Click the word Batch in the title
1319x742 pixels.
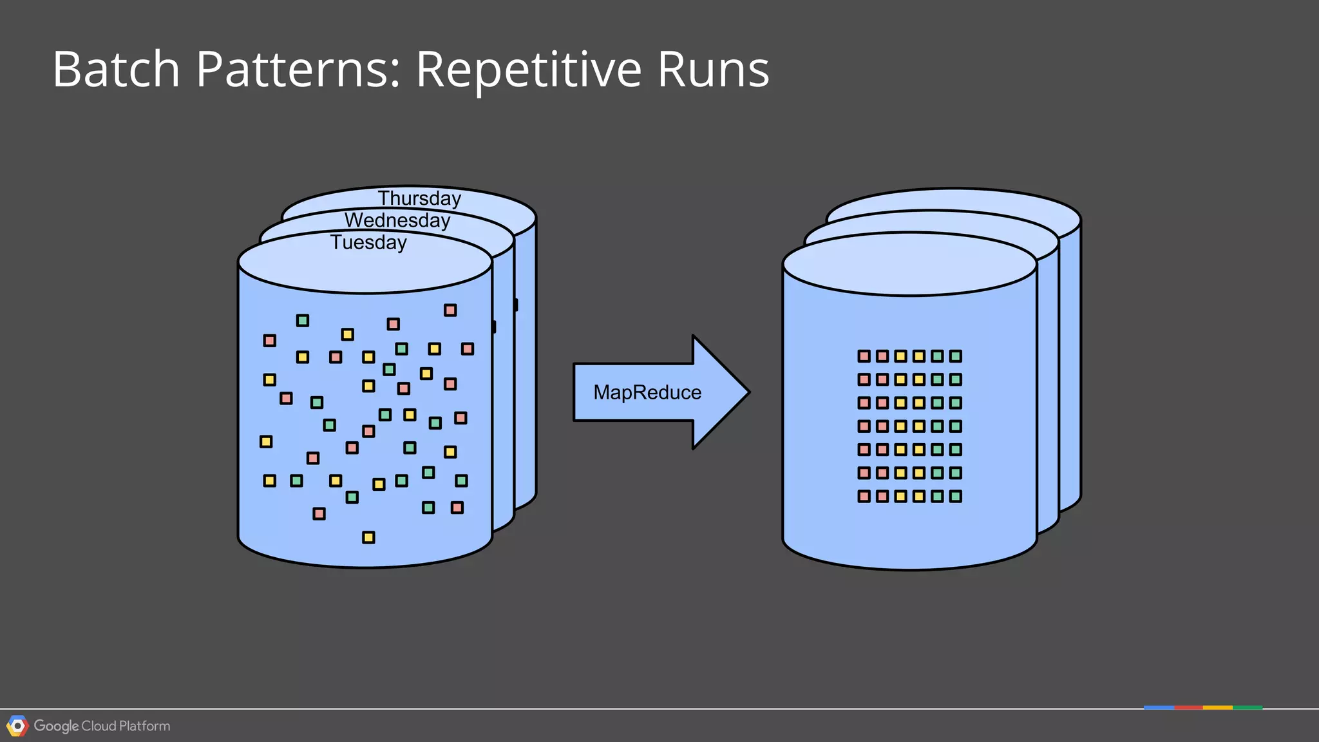click(116, 69)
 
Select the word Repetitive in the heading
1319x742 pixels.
click(528, 69)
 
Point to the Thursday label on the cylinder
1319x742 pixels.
click(419, 198)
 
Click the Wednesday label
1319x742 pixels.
click(397, 220)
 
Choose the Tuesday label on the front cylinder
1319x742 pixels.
click(368, 243)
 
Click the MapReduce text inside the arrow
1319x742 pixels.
click(647, 392)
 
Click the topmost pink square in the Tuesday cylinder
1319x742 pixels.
click(450, 310)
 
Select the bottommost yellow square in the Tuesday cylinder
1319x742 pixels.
click(368, 537)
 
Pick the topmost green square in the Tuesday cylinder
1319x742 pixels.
click(303, 321)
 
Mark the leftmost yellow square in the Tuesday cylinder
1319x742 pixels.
click(266, 442)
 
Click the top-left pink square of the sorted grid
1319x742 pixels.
click(864, 356)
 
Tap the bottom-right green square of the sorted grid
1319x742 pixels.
click(956, 496)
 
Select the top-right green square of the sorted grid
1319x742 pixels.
click(956, 356)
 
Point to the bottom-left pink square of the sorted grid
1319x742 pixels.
click(864, 496)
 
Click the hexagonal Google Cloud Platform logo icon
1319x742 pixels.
click(17, 726)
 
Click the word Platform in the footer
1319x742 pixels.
click(145, 726)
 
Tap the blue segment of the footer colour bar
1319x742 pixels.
click(1159, 708)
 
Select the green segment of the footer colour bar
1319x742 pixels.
click(1248, 708)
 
